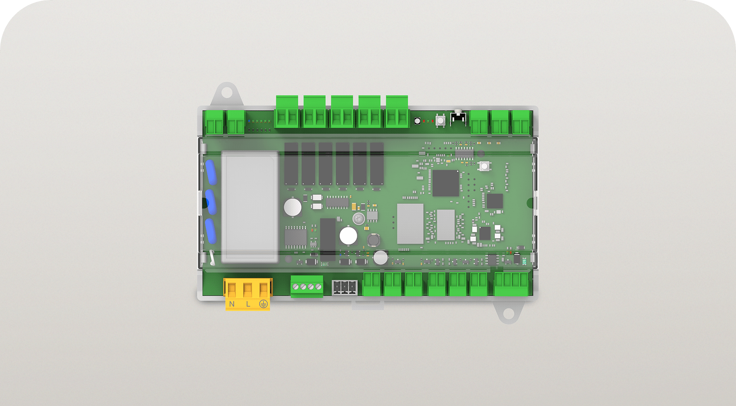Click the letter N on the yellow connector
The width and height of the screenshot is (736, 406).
click(x=232, y=304)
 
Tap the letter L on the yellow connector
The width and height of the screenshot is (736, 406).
click(x=248, y=304)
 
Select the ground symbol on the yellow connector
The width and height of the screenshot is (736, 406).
click(x=264, y=304)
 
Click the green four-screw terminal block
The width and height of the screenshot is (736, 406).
click(x=307, y=286)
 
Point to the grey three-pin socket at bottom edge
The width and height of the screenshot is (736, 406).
click(x=344, y=287)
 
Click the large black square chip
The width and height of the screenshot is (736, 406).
click(x=445, y=183)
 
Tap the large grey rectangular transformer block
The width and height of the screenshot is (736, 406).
click(x=249, y=207)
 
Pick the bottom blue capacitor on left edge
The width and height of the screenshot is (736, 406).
click(x=211, y=231)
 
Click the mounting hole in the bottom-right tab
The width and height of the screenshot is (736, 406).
click(x=508, y=313)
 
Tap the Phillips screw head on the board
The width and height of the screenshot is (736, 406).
click(x=358, y=218)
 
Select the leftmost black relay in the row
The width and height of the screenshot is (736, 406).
click(x=291, y=164)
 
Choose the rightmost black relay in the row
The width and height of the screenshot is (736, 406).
click(x=377, y=164)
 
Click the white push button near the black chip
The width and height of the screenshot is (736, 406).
click(x=484, y=166)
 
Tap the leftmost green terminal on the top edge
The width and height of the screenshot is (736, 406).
click(x=215, y=123)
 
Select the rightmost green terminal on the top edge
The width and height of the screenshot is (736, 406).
click(x=521, y=123)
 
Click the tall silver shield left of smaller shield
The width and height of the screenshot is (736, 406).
click(x=410, y=224)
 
